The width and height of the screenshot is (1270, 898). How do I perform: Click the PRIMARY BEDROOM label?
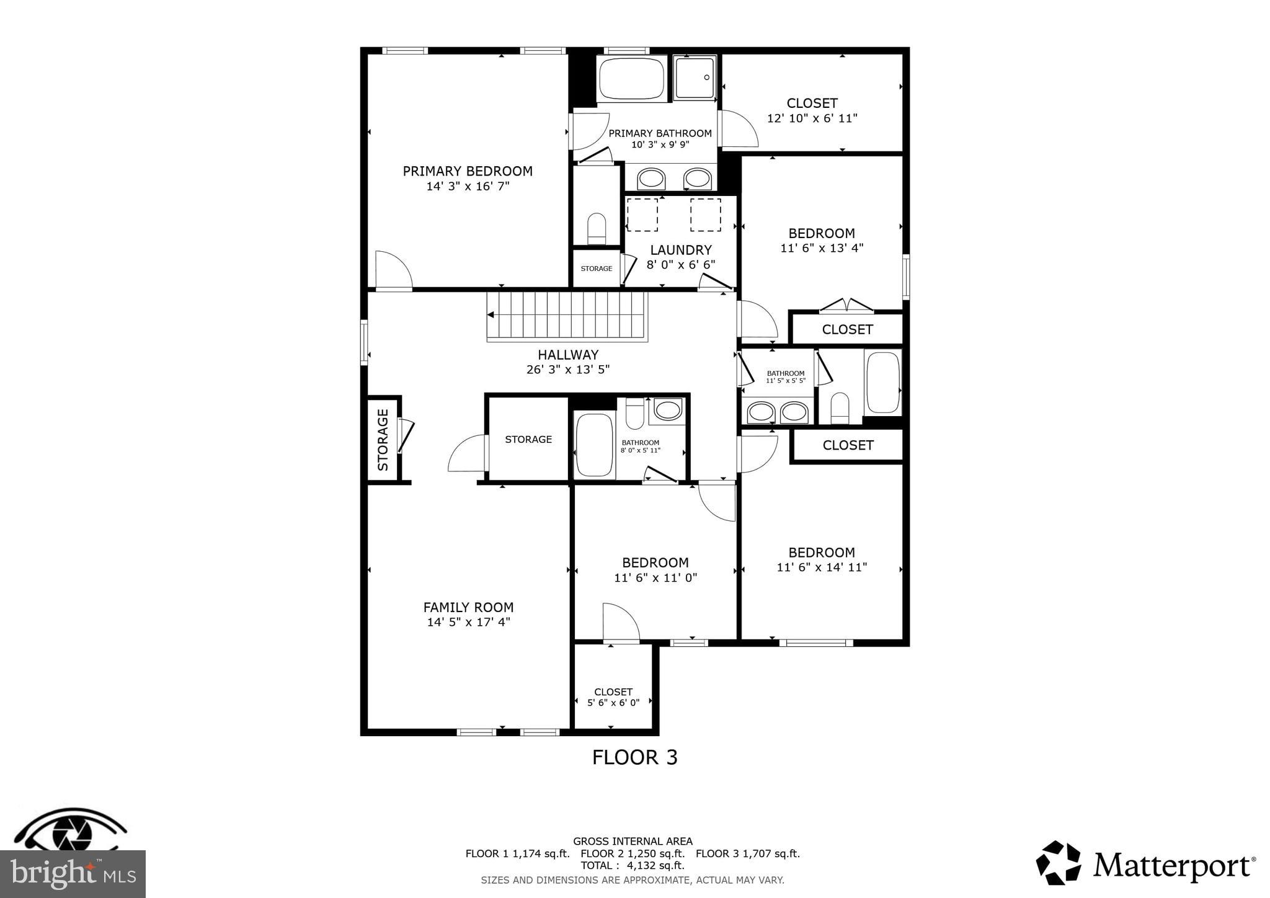pos(468,171)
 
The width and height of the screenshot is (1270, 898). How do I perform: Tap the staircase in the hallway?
pos(567,316)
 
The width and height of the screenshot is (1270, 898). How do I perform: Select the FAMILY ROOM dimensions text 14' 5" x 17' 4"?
pos(468,622)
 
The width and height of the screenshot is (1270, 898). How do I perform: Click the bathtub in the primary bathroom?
pos(631,79)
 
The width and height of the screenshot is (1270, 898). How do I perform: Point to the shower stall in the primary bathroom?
pos(695,78)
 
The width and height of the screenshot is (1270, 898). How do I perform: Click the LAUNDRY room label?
pos(680,250)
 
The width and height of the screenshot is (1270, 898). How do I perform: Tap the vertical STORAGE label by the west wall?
pos(383,439)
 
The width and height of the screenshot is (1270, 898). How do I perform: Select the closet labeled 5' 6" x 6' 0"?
pos(613,696)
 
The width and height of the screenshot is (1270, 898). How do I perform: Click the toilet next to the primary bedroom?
pos(597,229)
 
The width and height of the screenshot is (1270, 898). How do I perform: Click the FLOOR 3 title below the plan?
pos(634,757)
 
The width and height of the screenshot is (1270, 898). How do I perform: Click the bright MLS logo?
pos(73,874)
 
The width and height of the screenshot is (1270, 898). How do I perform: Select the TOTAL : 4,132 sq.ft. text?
pos(633,865)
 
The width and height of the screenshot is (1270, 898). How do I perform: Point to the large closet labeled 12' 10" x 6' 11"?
pos(812,110)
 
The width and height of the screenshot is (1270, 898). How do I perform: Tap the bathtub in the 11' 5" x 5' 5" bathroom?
pos(882,382)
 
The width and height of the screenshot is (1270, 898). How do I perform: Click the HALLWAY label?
pos(567,355)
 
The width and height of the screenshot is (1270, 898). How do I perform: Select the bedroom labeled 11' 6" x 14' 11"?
pos(821,559)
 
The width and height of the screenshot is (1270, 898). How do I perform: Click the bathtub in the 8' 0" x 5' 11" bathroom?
pos(594,445)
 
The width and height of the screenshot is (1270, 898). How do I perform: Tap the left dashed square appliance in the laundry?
pos(642,215)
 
